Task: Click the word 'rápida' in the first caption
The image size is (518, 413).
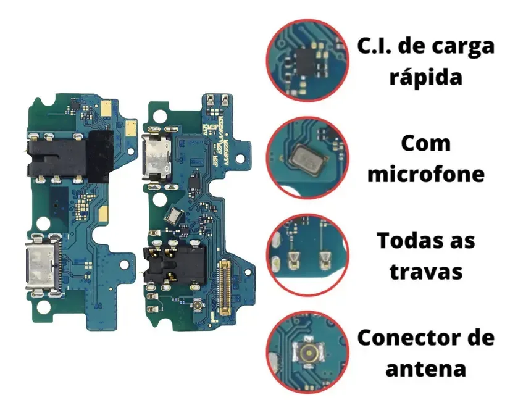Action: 425,78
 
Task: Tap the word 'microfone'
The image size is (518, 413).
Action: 426,175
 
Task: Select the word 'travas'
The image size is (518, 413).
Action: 426,272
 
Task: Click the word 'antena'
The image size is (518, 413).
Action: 425,369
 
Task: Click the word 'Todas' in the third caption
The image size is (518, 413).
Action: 409,241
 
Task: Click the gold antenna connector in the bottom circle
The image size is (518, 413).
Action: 308,353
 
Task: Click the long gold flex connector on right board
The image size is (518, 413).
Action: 225,287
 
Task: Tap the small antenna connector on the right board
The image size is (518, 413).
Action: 199,306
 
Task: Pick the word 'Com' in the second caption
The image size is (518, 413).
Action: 426,144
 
